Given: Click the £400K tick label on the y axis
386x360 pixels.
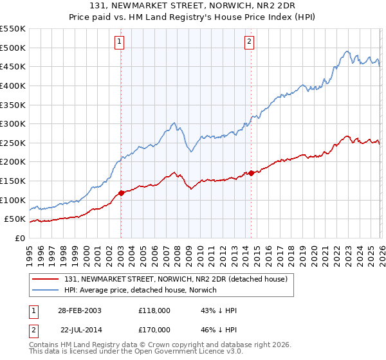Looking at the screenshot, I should pos(12,85).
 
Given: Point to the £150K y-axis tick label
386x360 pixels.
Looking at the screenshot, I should pos(12,181).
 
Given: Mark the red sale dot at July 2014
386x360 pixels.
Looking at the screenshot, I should pos(251,173).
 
